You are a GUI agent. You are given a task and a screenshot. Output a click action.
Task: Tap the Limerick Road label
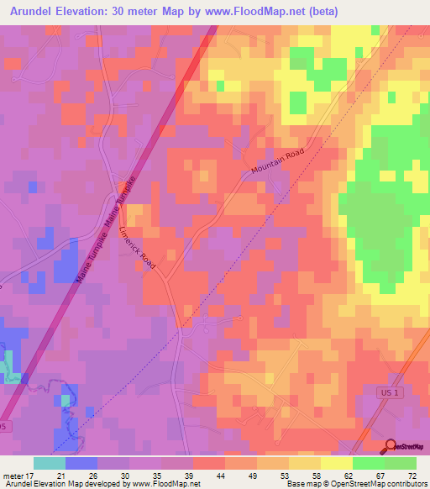[138, 247]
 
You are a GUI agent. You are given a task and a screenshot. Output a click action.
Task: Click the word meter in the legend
[13, 476]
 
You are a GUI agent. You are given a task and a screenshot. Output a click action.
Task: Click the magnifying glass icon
[391, 447]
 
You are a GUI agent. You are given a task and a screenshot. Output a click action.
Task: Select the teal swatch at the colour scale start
[50, 463]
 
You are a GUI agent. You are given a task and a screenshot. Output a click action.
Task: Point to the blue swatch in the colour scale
[81, 463]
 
